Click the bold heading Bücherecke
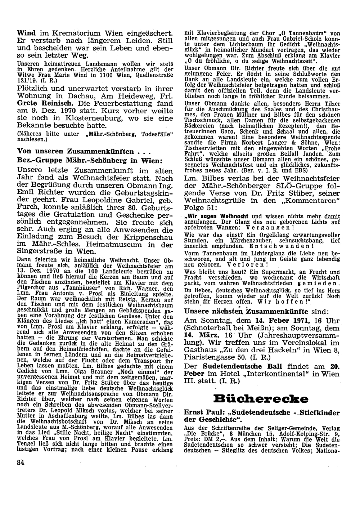[261, 399]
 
